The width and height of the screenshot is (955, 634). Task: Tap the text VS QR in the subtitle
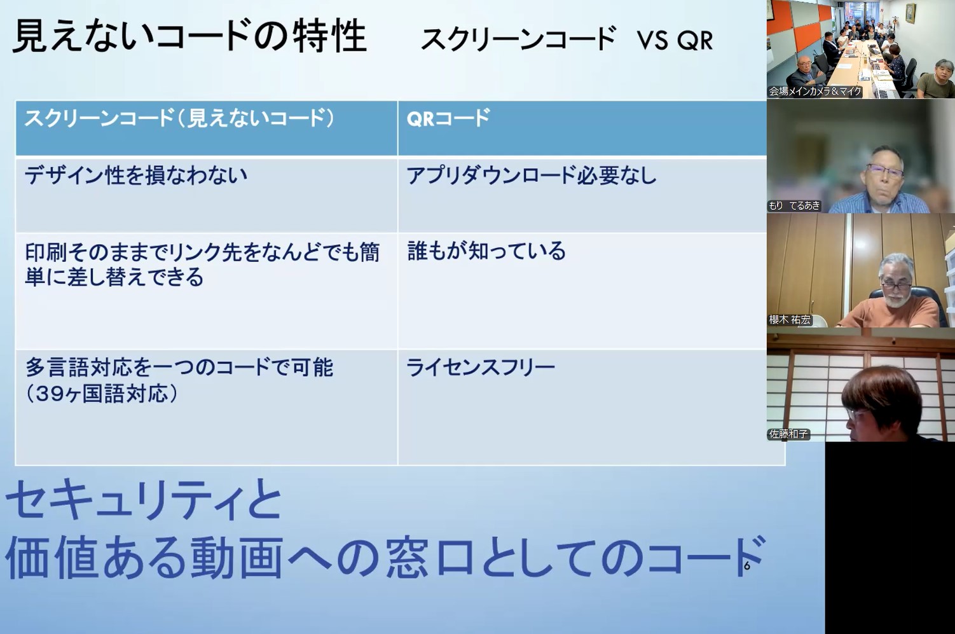[x=675, y=41]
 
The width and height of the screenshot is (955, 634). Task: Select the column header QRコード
[x=448, y=118]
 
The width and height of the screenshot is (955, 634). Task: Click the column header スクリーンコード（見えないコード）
[x=179, y=118]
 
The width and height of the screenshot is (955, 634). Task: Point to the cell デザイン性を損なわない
[x=136, y=176]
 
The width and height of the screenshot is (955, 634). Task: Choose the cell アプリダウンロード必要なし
[x=531, y=176]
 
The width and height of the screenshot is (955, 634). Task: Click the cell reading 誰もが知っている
[x=486, y=251]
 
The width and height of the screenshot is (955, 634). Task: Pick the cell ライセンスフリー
[x=481, y=368]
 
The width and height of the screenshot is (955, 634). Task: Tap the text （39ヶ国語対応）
[x=102, y=394]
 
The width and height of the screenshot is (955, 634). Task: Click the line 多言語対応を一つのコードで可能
[x=179, y=368]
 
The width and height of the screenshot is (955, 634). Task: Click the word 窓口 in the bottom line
[x=430, y=557]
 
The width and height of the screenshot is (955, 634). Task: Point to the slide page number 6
[x=747, y=566]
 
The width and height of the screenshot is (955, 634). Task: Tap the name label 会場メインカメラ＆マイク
[x=814, y=91]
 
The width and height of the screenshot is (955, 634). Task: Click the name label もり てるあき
[x=794, y=206]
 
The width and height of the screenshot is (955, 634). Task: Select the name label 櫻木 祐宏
[x=790, y=320]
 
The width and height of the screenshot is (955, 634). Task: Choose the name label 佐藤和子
[x=788, y=434]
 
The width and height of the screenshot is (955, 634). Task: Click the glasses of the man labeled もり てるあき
[x=884, y=172]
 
